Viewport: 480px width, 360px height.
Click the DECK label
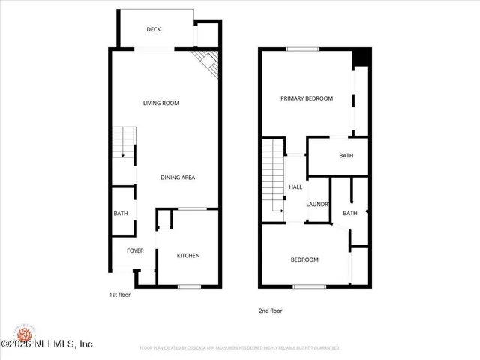[154, 30]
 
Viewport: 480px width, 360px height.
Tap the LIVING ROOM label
[161, 103]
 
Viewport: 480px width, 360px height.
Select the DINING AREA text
[178, 178]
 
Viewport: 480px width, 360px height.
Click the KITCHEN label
[188, 256]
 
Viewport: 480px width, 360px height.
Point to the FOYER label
[135, 251]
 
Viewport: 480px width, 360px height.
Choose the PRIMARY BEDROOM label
[307, 98]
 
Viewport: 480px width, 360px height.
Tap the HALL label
[295, 187]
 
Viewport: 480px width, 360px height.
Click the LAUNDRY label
[319, 204]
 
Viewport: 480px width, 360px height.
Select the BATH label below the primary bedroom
[346, 156]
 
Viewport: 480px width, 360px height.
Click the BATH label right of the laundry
[350, 214]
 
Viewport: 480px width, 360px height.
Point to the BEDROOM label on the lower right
[304, 260]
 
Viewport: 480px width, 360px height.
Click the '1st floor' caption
[120, 295]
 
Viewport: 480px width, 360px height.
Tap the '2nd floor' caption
[271, 310]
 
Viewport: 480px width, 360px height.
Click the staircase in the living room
[122, 142]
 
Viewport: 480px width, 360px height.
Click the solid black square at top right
[361, 58]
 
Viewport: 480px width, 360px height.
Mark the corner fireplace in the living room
[205, 63]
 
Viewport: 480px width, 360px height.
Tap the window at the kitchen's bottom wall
[189, 286]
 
